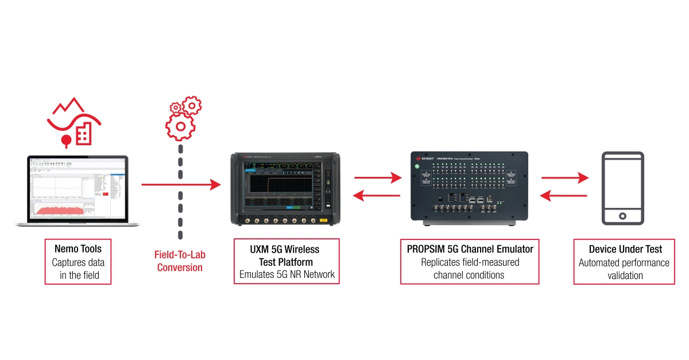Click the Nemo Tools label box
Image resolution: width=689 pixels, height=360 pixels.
coord(78,262)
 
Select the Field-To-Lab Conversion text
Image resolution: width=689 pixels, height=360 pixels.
coord(180,262)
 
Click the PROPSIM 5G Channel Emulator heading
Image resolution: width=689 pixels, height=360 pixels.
coord(470,249)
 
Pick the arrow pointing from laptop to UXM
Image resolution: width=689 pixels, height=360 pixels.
coord(181,184)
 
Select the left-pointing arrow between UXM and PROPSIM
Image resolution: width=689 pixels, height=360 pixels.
coord(377,196)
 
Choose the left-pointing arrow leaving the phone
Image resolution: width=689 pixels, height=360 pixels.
coord(564,196)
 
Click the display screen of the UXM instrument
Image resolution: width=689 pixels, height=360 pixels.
coord(282,185)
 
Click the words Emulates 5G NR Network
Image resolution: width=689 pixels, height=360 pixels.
coord(287,274)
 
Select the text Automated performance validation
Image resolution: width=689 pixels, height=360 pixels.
coord(624,269)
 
